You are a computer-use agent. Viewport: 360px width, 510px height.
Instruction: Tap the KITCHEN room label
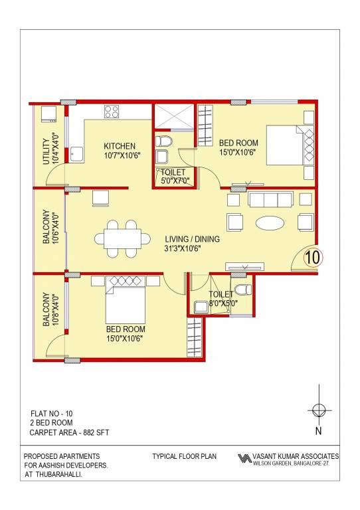pyautogui.click(x=120, y=146)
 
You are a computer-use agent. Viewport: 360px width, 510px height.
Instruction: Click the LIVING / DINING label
pyautogui.click(x=193, y=239)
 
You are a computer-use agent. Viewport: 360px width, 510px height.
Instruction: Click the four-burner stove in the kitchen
pyautogui.click(x=111, y=112)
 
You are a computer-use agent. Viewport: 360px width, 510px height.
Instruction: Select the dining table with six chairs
pyautogui.click(x=123, y=238)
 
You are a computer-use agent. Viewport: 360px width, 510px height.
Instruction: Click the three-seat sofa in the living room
pyautogui.click(x=269, y=199)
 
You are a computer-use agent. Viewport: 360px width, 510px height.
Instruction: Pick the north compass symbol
pyautogui.click(x=318, y=409)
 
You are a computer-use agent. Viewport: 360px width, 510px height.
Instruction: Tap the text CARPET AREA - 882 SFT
pyautogui.click(x=69, y=432)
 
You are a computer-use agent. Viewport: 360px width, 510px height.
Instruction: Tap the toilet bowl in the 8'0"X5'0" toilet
pyautogui.click(x=243, y=288)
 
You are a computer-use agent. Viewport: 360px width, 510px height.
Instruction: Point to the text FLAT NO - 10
pyautogui.click(x=52, y=413)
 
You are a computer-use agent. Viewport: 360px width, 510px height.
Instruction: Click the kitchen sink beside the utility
pyautogui.click(x=77, y=154)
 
